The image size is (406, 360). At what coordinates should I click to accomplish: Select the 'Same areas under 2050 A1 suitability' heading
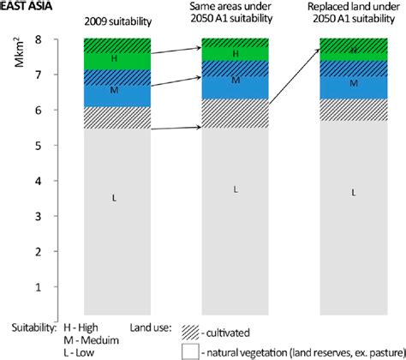coord(234,12)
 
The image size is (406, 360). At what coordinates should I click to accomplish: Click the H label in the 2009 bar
coord(114,59)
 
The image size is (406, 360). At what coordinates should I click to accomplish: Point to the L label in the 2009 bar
coord(114,199)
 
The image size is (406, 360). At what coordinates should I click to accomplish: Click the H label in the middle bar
coord(234,54)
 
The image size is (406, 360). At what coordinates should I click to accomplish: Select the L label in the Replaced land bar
coord(353,193)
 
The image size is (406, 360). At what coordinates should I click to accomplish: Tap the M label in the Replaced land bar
coord(353,83)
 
